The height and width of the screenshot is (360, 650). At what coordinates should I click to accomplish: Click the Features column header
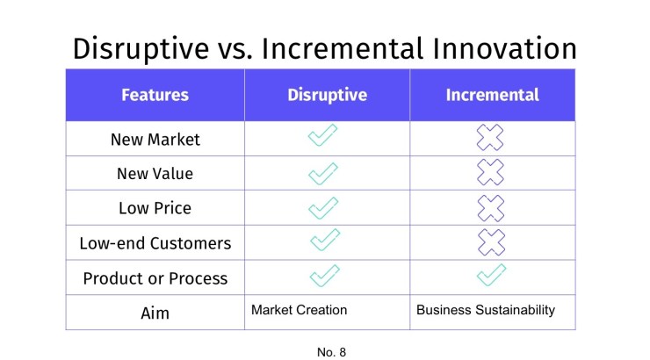tap(155, 95)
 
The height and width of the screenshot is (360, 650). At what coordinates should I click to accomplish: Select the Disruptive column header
tap(327, 95)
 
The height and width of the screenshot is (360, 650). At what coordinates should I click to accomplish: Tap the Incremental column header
tap(492, 95)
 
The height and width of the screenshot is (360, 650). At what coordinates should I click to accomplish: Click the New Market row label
tap(155, 139)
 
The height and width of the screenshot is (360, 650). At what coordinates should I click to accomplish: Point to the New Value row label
tap(155, 174)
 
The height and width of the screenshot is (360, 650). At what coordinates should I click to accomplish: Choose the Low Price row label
tap(155, 208)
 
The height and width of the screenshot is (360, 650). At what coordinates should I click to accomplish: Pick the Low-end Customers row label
tap(155, 243)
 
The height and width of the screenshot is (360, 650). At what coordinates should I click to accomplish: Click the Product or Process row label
tap(155, 278)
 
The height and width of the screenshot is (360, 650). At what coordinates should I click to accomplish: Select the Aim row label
tap(155, 313)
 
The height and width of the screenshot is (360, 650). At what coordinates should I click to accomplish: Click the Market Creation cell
tap(299, 310)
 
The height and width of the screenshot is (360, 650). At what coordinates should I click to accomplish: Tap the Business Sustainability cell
tap(485, 310)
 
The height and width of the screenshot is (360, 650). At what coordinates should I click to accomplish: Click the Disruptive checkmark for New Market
tap(323, 137)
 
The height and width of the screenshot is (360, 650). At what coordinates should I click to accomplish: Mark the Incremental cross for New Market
tap(491, 138)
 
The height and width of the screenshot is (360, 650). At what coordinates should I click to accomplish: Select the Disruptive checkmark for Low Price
tap(323, 207)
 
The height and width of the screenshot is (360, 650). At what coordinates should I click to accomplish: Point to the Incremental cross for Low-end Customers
tap(491, 242)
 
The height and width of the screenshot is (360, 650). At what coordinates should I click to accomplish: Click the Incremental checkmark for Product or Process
tap(491, 276)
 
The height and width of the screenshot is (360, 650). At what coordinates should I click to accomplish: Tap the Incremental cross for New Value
tap(491, 173)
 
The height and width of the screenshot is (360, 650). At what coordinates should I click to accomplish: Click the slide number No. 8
tap(331, 352)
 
